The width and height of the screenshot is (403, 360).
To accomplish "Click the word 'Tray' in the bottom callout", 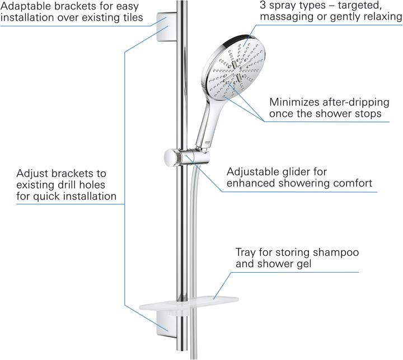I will click(245, 252).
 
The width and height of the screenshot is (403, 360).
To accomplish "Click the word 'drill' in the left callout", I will click(69, 185).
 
